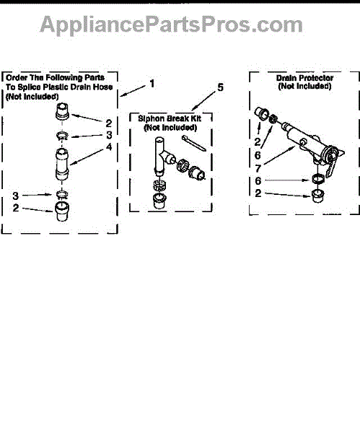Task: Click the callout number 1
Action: [x=152, y=84]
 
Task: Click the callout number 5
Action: [x=220, y=87]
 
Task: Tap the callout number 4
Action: [x=109, y=147]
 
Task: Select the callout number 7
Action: [x=258, y=168]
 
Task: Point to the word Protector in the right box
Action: [x=316, y=78]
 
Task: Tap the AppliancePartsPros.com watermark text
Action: [x=171, y=25]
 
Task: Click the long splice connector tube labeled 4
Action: [x=62, y=164]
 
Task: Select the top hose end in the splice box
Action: [x=62, y=111]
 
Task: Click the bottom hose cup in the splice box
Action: [x=62, y=211]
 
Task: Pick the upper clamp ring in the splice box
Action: [x=63, y=136]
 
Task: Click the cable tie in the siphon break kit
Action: [x=194, y=143]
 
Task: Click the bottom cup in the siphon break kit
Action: [x=159, y=201]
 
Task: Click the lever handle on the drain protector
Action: [x=332, y=165]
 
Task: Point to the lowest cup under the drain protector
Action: [x=318, y=196]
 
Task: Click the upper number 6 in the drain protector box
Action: [x=258, y=155]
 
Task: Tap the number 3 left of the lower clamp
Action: [x=15, y=196]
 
